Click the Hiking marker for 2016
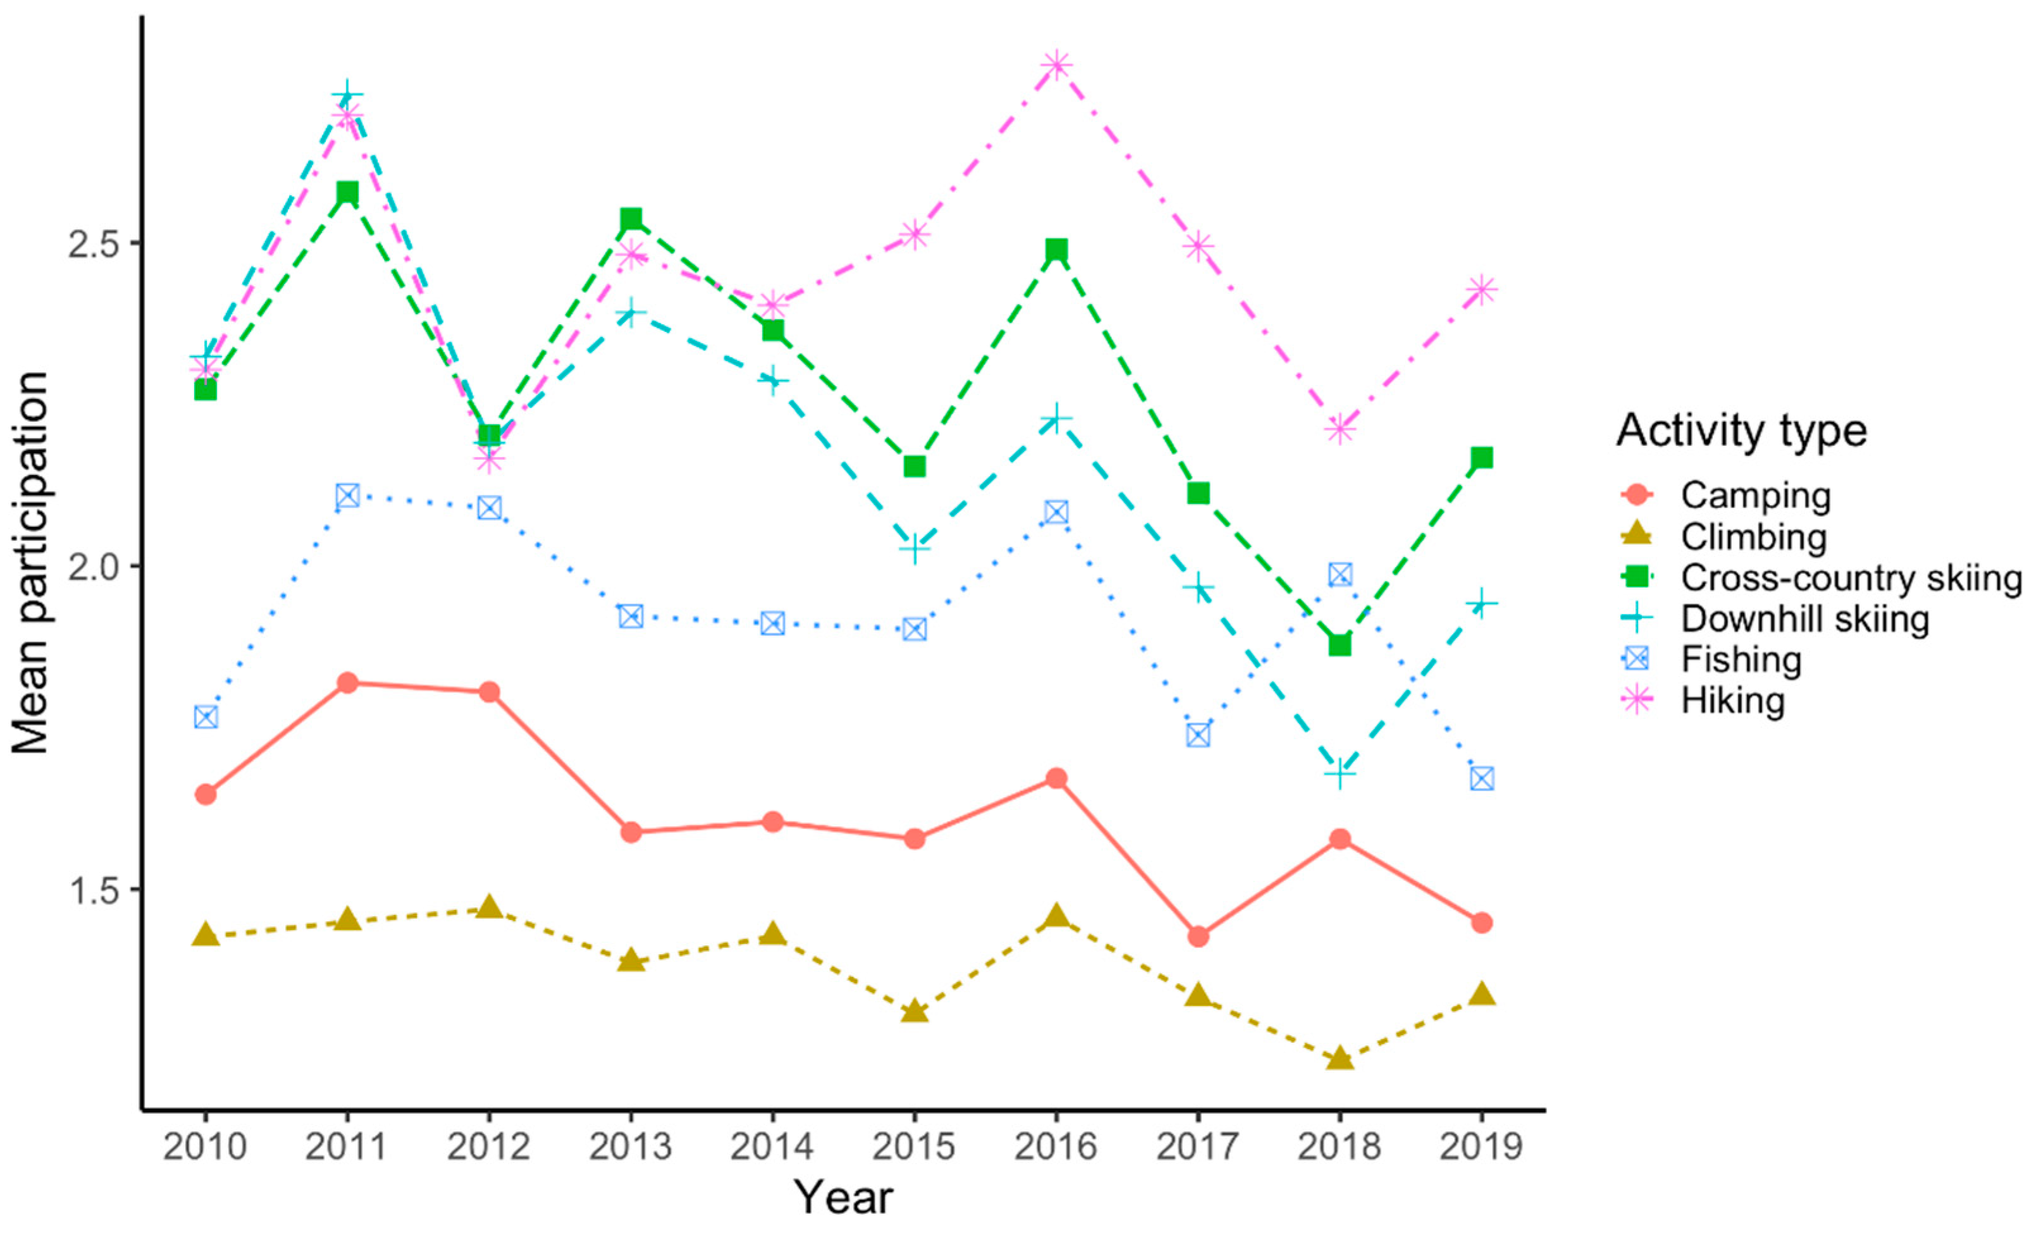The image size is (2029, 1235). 1056,65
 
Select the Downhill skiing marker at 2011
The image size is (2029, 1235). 347,96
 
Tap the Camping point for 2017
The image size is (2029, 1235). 1198,936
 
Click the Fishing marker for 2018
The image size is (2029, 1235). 1340,574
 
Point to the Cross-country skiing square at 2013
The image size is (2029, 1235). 631,218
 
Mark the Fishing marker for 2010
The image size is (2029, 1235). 206,716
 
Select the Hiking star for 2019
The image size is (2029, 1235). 1481,290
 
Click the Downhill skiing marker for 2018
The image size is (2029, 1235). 1340,774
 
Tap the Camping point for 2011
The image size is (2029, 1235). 347,682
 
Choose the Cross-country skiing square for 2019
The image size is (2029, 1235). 1481,458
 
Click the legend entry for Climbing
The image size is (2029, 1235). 1754,537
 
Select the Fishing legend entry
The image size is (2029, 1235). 1741,660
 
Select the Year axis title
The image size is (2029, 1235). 843,1198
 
